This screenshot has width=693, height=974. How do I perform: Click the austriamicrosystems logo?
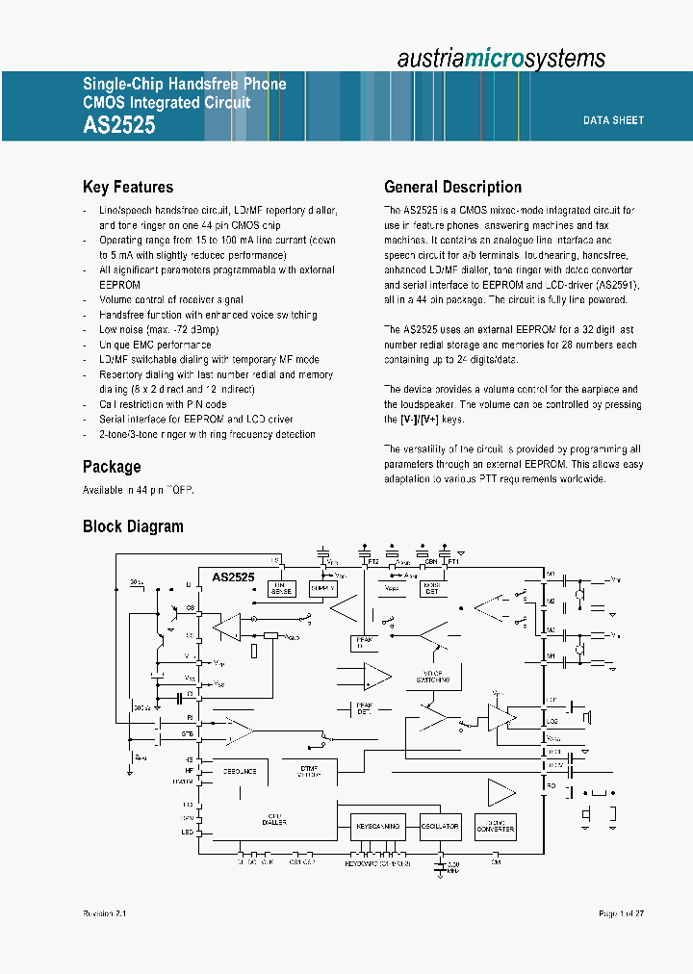501,58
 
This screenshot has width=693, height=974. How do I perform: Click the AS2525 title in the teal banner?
119,125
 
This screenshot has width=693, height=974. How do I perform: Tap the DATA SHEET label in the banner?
613,120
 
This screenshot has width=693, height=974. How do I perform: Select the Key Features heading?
128,188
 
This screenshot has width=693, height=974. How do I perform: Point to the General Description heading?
452,188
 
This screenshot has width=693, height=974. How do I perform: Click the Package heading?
112,467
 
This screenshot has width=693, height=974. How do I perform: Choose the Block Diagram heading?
133,526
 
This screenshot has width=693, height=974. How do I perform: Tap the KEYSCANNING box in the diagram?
376,827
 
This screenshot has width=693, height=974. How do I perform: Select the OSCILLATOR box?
440,827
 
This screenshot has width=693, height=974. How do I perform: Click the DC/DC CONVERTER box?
496,827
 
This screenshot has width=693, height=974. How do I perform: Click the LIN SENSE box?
281,588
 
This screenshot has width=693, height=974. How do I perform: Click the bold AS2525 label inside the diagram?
233,577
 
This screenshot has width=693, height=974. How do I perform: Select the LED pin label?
188,832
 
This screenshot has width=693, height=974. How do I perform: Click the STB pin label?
188,734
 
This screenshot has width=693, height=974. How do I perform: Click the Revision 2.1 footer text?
105,913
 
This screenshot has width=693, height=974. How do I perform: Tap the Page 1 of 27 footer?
621,913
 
